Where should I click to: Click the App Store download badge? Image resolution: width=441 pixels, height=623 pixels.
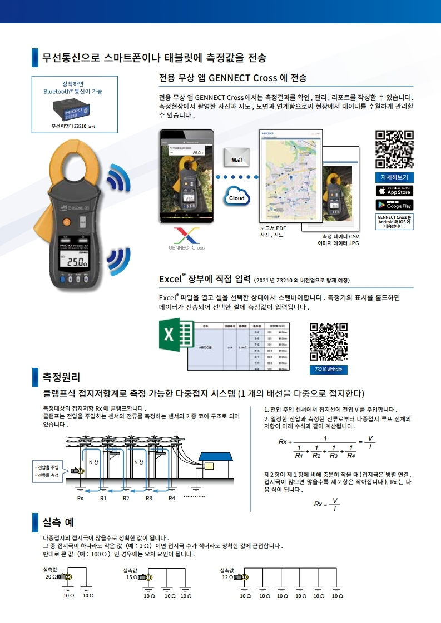click(394, 191)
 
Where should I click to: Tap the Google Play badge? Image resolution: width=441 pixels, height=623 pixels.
click(394, 205)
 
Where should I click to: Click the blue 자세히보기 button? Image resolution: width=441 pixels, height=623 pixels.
click(394, 177)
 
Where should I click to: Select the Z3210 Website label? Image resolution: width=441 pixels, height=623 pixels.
click(328, 370)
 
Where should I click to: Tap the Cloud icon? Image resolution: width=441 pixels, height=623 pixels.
click(236, 197)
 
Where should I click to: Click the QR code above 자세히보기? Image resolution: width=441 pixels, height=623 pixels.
click(394, 149)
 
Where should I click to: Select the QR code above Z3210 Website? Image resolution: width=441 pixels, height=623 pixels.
click(328, 342)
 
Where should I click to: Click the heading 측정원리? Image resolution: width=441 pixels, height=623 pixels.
click(62, 377)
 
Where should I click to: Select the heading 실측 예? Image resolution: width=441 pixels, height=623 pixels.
click(58, 522)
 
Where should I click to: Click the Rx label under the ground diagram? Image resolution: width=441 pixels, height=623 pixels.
click(80, 498)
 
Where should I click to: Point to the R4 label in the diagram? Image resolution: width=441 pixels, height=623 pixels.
click(172, 498)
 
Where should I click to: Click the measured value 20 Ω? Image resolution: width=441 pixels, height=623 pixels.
click(51, 577)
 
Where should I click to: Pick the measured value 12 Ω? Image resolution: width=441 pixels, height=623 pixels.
click(227, 577)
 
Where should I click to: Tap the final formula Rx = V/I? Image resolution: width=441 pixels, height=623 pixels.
click(326, 504)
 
